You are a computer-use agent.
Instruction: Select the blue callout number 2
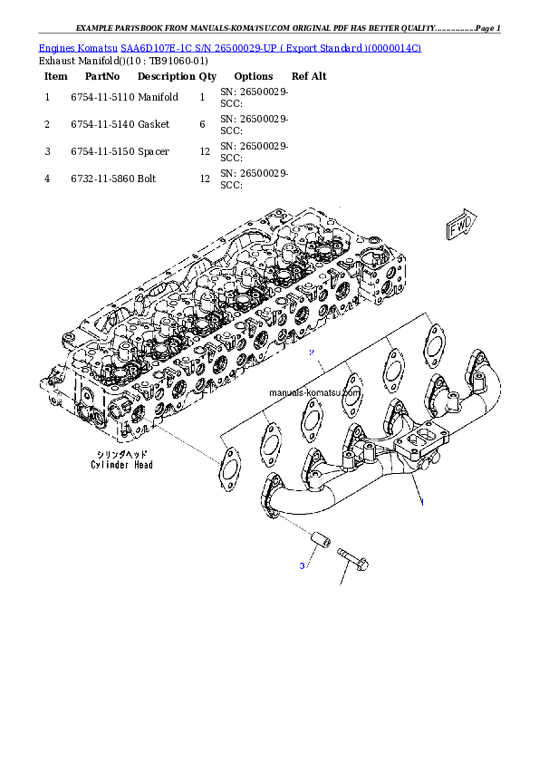pos(311,351)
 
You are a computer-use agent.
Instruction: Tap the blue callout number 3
pos(303,566)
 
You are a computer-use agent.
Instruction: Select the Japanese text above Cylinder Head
pos(122,453)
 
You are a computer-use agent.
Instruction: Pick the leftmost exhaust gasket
pos(227,468)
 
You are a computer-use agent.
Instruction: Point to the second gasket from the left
pos(269,445)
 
